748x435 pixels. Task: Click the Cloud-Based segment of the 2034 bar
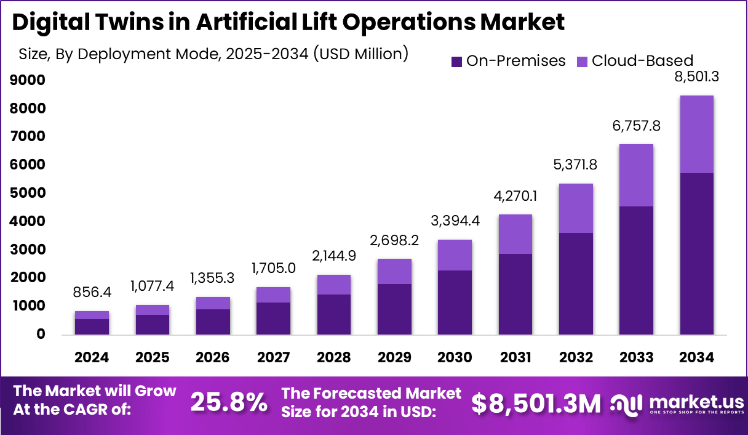coord(696,134)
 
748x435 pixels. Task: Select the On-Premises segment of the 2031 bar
coord(515,294)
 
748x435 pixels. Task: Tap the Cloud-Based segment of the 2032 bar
coord(576,208)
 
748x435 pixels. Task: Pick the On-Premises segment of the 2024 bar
coord(92,327)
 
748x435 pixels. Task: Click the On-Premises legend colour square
coord(456,61)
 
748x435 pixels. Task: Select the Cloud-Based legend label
coord(642,61)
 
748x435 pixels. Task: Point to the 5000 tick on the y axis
coord(28,193)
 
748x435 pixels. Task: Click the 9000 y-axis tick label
coord(28,80)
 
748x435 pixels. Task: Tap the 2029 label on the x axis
coord(394,357)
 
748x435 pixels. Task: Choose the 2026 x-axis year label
coord(213,357)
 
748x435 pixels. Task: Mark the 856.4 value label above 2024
coord(92,292)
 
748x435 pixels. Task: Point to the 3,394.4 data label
coord(455,221)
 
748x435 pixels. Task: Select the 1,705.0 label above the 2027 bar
coord(274,268)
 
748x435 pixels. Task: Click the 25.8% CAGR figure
coord(229,402)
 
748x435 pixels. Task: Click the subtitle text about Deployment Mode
coord(213,54)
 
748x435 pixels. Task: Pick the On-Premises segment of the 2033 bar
coord(636,270)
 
